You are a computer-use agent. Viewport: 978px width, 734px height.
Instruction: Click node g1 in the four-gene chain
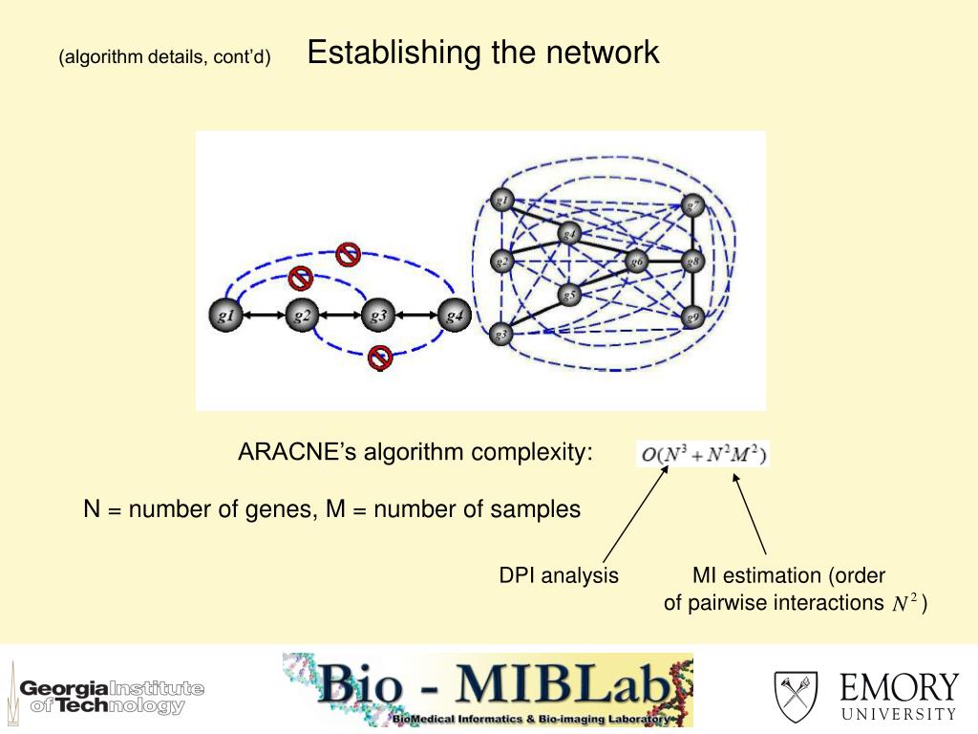pyautogui.click(x=226, y=314)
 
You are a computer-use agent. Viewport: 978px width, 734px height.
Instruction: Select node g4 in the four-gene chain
pyautogui.click(x=455, y=314)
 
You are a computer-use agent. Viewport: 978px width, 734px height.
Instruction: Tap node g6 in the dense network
pyautogui.click(x=636, y=260)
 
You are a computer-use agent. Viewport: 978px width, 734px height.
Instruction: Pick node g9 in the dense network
pyautogui.click(x=692, y=316)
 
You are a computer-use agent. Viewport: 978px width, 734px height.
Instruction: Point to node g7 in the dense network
pyautogui.click(x=693, y=205)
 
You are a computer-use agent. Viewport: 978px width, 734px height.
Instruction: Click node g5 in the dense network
pyautogui.click(x=569, y=295)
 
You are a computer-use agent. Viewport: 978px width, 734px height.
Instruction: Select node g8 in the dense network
pyautogui.click(x=693, y=260)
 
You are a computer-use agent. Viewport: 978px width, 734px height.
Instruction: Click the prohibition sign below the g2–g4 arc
pyautogui.click(x=380, y=357)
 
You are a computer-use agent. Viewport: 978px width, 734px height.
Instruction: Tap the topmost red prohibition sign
pyautogui.click(x=349, y=254)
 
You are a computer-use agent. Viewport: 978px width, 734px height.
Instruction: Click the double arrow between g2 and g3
pyautogui.click(x=341, y=314)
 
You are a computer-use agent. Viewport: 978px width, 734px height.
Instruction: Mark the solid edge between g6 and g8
pyautogui.click(x=665, y=260)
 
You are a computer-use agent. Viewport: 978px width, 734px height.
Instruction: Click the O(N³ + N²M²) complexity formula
pyautogui.click(x=704, y=454)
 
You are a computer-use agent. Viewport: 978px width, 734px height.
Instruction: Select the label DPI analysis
pyautogui.click(x=559, y=575)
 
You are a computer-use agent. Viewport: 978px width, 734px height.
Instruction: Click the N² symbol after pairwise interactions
pyautogui.click(x=904, y=603)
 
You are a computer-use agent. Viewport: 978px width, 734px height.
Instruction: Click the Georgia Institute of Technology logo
pyautogui.click(x=111, y=696)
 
